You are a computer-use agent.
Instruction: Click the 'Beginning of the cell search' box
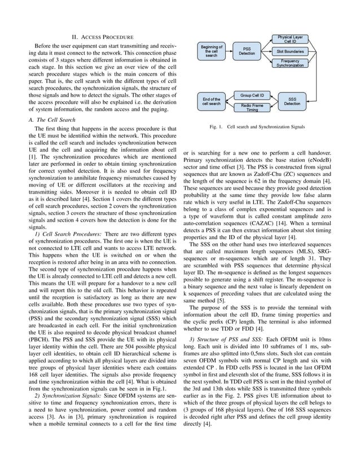[212, 51]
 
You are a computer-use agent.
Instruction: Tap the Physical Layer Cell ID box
[290, 39]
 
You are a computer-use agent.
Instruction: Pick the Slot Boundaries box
[290, 51]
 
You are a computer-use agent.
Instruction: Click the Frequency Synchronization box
[290, 63]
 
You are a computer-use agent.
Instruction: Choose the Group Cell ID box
[252, 96]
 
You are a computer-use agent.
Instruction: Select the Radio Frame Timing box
[252, 107]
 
